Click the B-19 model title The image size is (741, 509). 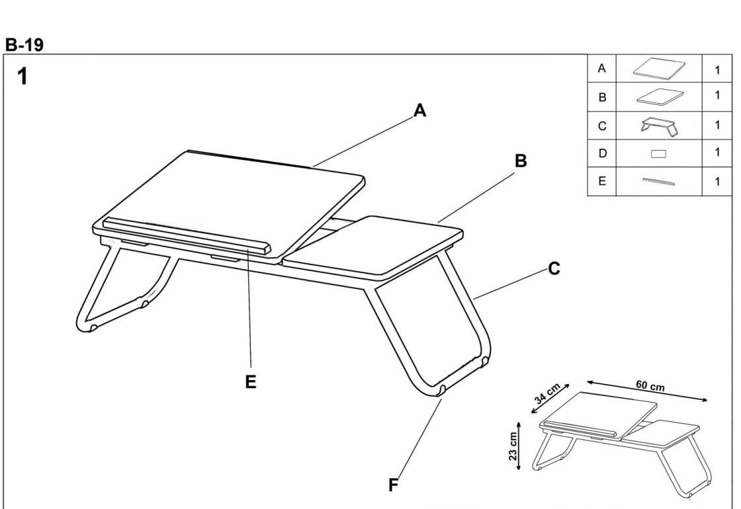point(24,45)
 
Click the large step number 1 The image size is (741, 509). point(22,76)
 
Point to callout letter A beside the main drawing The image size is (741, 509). point(419,110)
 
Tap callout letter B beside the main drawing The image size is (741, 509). point(520,161)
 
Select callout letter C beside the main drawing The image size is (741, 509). point(554,268)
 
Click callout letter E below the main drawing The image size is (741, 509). point(251,381)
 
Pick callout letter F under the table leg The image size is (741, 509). point(393,485)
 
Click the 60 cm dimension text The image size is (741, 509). point(650,386)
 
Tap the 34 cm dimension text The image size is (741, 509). point(547,393)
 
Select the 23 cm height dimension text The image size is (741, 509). point(513,446)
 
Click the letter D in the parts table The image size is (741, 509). point(602,153)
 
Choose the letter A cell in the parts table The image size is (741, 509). point(601,69)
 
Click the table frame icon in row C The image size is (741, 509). point(659,126)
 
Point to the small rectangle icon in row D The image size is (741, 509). point(658,154)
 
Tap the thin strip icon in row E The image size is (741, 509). point(658,181)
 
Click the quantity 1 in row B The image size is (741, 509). point(717,95)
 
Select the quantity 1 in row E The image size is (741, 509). point(717,181)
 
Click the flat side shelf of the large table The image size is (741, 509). point(373,245)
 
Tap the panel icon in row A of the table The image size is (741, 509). point(659,69)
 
